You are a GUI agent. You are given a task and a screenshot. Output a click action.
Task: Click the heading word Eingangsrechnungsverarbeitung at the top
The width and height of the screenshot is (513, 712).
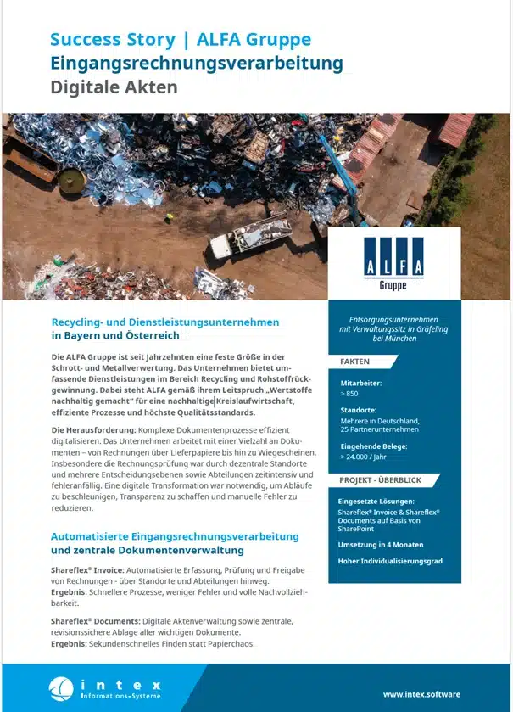(x=196, y=63)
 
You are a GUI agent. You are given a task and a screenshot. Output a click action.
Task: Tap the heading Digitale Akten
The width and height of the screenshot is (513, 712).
(x=114, y=87)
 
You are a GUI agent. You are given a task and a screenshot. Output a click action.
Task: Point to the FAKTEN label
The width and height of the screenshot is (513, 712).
(x=354, y=362)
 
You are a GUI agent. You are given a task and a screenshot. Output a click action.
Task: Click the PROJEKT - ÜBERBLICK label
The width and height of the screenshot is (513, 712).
(x=380, y=480)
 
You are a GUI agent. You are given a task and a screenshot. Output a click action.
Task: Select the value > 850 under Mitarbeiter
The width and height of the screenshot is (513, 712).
(x=349, y=394)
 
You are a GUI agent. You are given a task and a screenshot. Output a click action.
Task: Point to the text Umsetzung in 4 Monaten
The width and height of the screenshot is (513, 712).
(x=381, y=545)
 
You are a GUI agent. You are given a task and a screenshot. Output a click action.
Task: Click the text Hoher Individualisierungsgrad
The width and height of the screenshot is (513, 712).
(x=390, y=562)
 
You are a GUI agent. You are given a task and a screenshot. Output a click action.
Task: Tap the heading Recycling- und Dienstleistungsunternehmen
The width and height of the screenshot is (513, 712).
(x=165, y=322)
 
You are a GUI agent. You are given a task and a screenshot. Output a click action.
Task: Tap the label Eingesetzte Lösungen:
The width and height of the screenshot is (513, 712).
(x=376, y=502)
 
